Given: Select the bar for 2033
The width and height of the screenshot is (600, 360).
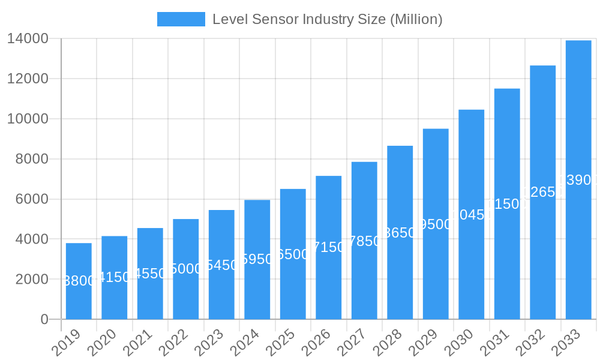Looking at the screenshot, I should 578,180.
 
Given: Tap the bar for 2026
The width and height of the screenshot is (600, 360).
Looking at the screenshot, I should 329,247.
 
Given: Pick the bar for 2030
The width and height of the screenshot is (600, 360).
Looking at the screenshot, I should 472,214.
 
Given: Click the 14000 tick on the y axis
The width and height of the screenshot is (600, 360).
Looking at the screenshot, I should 28,39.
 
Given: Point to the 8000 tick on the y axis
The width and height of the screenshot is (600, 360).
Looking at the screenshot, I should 32,159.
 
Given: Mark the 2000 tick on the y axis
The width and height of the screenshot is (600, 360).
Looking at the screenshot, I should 32,280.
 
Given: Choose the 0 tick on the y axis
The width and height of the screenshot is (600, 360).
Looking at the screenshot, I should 44,320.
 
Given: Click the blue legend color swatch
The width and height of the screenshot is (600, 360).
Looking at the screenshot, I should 181,19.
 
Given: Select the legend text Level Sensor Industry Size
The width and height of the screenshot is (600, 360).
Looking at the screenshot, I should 299,19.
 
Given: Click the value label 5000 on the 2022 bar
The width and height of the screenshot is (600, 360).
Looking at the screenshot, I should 186,269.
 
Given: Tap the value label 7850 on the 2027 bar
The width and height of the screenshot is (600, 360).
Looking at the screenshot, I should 364,241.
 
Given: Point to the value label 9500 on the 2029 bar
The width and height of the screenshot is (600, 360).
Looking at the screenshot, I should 436,224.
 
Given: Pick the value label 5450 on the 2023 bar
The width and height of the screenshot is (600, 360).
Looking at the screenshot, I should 221,265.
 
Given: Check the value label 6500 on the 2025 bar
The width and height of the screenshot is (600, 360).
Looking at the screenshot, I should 293,254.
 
